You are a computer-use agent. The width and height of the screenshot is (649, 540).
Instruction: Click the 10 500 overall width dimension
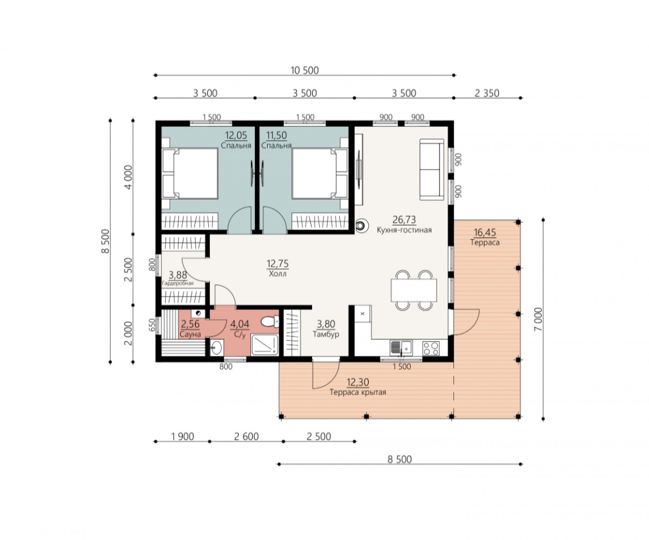pyautogui.click(x=305, y=70)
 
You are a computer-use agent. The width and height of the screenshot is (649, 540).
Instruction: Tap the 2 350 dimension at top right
pyautogui.click(x=487, y=93)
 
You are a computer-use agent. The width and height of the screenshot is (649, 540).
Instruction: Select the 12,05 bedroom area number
pyautogui.click(x=236, y=136)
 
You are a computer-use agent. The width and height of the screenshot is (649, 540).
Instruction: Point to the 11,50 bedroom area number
pyautogui.click(x=276, y=136)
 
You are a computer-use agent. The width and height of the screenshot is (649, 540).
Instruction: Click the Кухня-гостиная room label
pyautogui.click(x=404, y=230)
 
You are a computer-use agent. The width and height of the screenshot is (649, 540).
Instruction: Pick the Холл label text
pyautogui.click(x=277, y=273)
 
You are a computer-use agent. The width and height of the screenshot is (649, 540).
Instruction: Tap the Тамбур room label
pyautogui.click(x=326, y=334)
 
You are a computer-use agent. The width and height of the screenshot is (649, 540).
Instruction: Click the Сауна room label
pyautogui.click(x=190, y=334)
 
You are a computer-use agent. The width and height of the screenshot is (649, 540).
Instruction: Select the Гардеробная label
pyautogui.click(x=178, y=283)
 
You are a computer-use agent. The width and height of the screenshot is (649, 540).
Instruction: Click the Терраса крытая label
pyautogui.click(x=358, y=392)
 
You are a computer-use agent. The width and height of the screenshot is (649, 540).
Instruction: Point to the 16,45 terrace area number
pyautogui.click(x=485, y=232)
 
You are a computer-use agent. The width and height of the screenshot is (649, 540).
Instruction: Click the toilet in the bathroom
pyautogui.click(x=271, y=321)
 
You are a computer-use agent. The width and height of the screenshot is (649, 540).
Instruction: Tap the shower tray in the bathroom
pyautogui.click(x=265, y=344)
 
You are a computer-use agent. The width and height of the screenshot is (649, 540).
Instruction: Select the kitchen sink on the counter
pyautogui.click(x=400, y=347)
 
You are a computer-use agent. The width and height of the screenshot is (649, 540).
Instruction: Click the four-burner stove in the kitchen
pyautogui.click(x=431, y=347)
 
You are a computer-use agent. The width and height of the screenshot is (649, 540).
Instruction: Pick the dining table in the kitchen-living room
pyautogui.click(x=414, y=290)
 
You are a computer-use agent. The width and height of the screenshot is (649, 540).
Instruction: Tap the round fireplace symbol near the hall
pyautogui.click(x=361, y=226)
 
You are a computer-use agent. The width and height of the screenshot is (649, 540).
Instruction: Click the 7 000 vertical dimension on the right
pyautogui.click(x=538, y=319)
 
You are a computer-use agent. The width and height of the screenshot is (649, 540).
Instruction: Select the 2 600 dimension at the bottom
pyautogui.click(x=246, y=437)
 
